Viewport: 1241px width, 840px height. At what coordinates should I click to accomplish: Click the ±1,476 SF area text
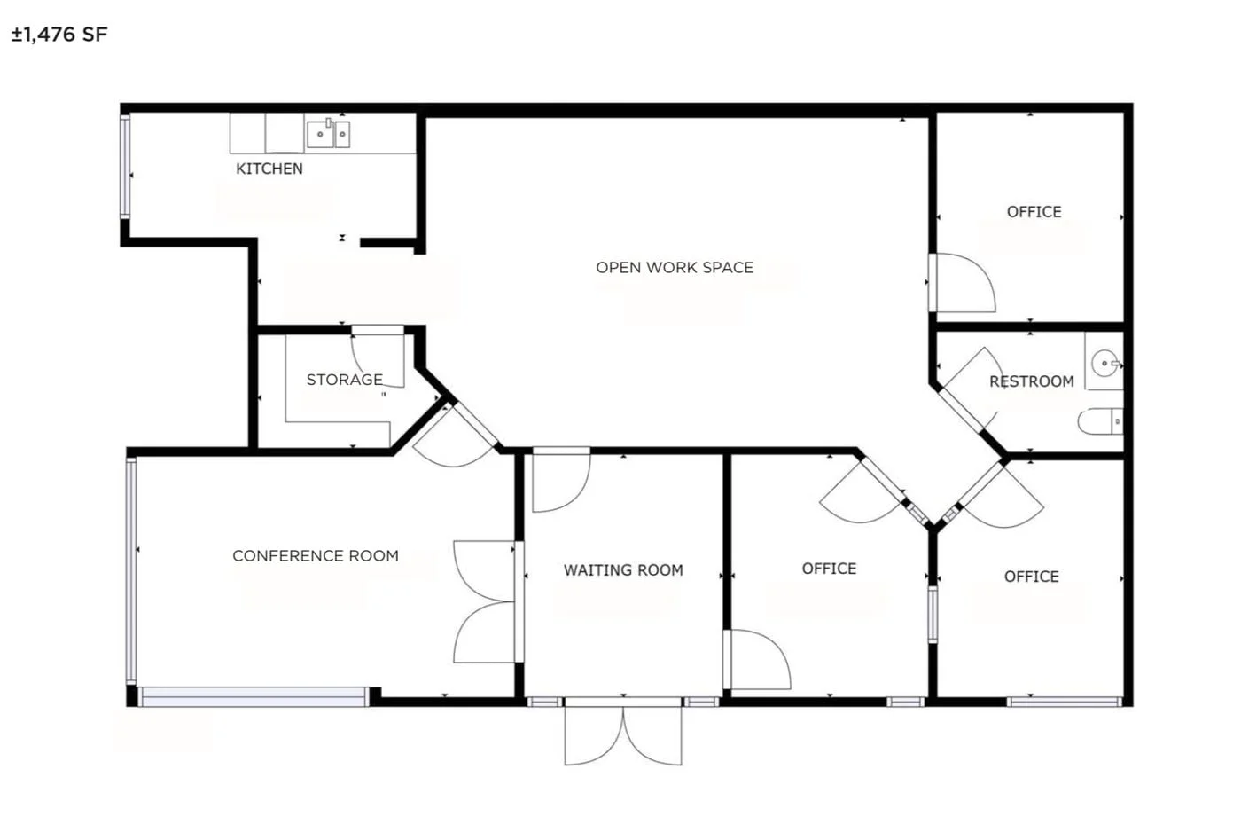click(59, 35)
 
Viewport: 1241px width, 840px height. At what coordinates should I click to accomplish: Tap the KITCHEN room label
click(269, 169)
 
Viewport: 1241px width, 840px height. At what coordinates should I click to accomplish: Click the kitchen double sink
click(328, 134)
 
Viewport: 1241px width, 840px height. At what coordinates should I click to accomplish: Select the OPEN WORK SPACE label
click(674, 267)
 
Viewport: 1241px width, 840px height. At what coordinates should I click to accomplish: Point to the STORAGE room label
click(344, 380)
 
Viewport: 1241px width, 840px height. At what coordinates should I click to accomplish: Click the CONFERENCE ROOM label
click(315, 556)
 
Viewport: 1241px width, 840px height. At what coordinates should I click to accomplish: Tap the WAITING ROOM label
click(623, 570)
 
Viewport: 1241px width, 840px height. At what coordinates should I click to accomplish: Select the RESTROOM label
click(1031, 381)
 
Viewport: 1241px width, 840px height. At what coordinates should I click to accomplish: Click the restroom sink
click(1104, 364)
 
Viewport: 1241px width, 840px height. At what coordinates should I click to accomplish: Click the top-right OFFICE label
click(1034, 212)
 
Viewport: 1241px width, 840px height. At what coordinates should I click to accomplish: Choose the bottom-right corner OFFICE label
click(1031, 577)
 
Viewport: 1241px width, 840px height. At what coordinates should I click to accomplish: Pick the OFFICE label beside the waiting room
click(829, 569)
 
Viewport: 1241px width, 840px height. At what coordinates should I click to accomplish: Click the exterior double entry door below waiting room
click(623, 732)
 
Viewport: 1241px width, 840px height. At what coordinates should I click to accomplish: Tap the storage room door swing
click(376, 355)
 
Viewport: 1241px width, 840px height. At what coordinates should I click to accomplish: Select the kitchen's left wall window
click(125, 166)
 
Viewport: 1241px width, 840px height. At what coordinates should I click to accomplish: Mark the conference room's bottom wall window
click(254, 697)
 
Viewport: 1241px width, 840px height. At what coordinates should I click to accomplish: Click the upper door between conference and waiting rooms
click(484, 568)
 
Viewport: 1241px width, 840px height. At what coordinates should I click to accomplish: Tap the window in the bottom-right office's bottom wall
click(1064, 702)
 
